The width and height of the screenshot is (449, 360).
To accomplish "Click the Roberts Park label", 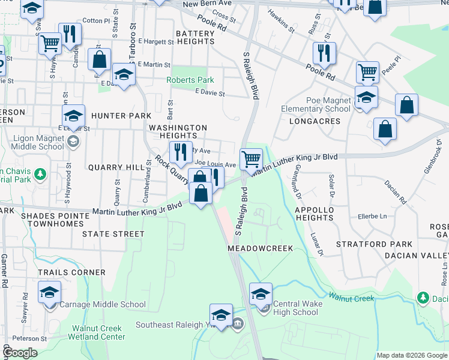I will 190,80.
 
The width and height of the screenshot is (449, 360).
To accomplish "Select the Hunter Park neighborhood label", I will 117,116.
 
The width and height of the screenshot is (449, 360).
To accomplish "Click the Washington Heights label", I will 178,131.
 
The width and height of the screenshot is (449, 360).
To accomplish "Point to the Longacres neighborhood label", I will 315,121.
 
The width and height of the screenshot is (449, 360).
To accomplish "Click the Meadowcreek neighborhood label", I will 260,248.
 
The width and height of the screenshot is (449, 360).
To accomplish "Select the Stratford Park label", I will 375,244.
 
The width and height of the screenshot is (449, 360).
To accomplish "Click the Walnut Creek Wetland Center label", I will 97,332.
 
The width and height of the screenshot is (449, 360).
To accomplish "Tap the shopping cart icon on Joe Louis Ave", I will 251,160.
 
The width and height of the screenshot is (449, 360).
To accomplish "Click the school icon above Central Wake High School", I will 261,294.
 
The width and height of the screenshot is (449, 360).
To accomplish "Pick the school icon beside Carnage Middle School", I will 49,293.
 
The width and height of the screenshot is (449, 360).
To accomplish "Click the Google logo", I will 20,353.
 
